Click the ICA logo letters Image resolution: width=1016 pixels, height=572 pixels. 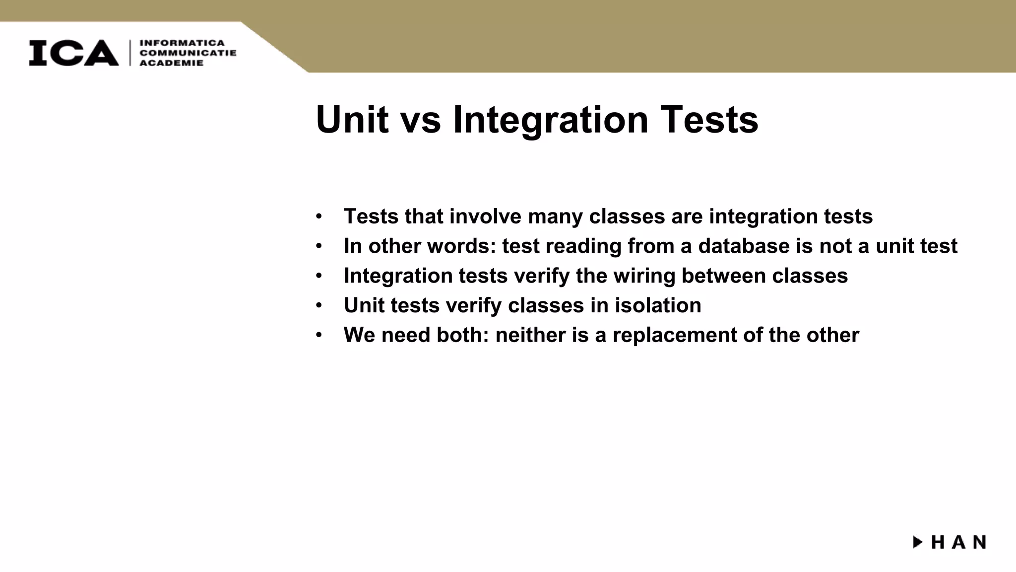73,53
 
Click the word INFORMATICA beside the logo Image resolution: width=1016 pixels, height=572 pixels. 182,43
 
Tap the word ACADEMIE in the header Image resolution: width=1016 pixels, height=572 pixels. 171,63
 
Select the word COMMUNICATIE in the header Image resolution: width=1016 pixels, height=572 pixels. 188,53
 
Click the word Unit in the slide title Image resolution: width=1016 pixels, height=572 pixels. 352,120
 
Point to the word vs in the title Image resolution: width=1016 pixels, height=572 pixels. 421,121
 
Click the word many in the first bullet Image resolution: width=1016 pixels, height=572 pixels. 555,217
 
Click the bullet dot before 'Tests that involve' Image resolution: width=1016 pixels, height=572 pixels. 318,217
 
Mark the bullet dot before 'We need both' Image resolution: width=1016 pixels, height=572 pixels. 318,336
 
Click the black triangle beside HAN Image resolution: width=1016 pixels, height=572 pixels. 917,542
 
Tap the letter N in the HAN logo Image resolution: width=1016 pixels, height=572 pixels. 979,542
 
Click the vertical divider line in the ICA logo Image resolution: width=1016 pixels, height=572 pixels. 130,53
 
